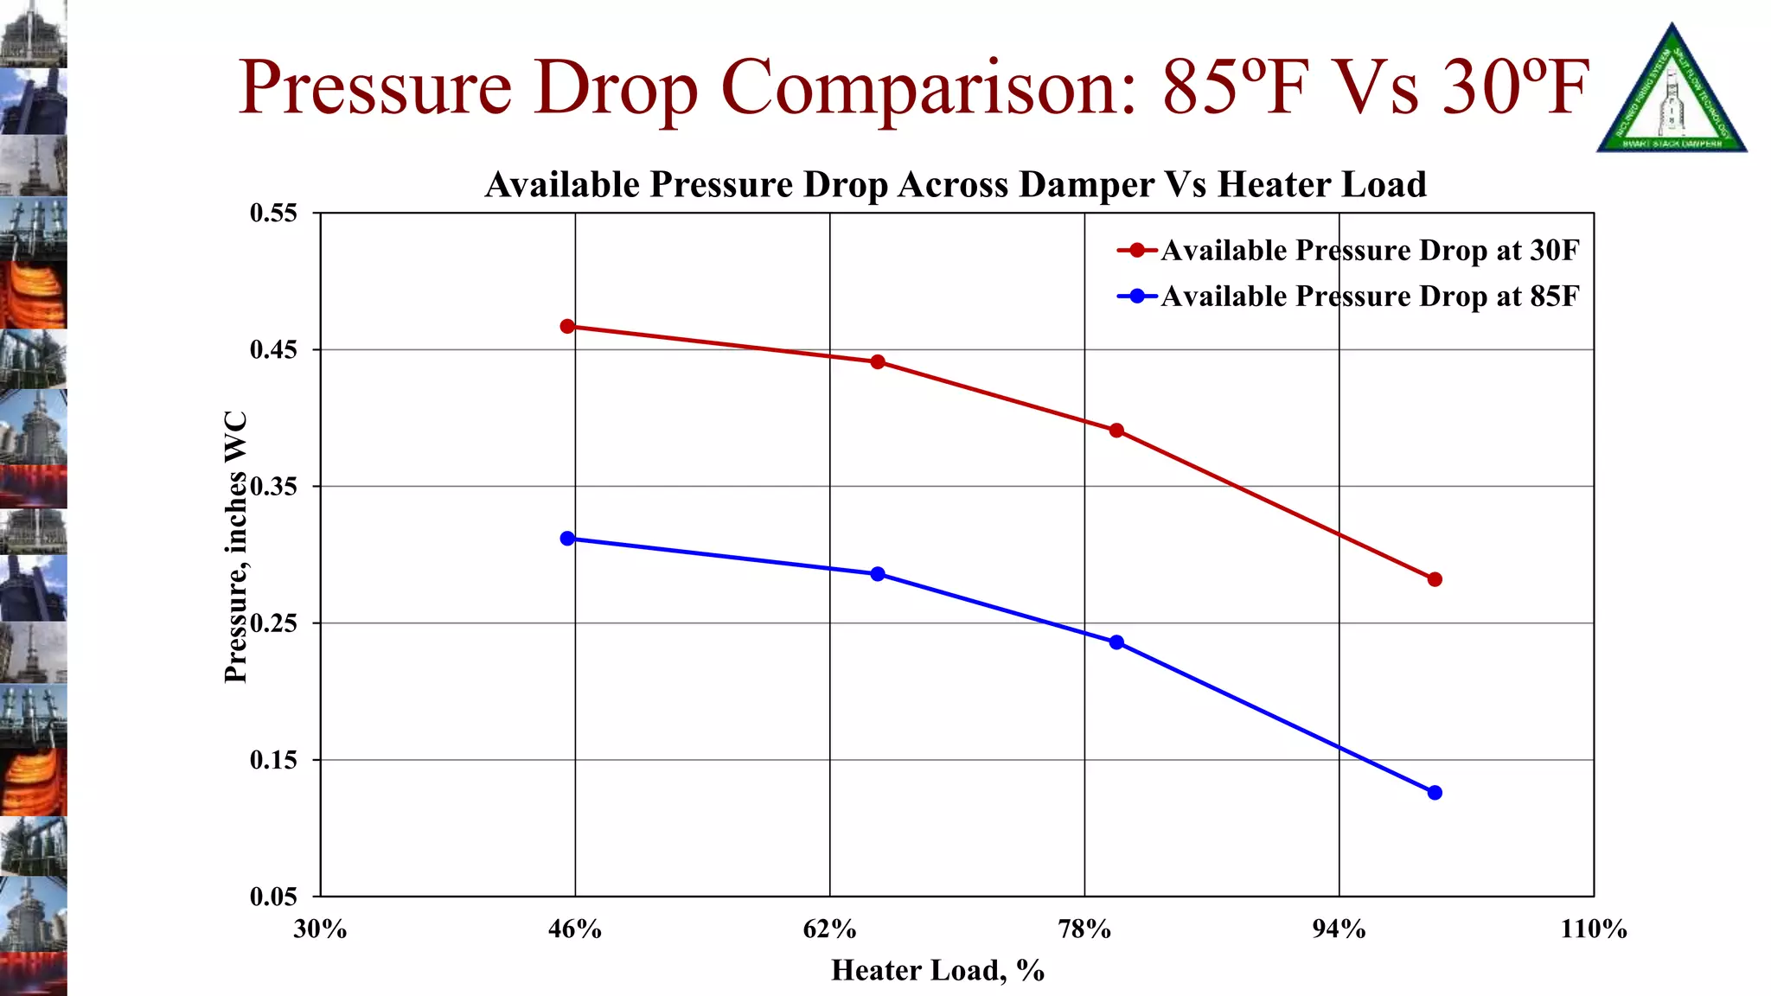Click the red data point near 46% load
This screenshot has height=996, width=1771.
[567, 327]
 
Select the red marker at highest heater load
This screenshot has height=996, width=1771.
[1435, 579]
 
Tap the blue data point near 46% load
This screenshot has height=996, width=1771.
[567, 539]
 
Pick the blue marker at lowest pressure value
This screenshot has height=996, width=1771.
[1435, 793]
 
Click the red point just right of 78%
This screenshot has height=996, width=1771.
[1116, 431]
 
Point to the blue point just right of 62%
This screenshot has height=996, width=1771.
[878, 574]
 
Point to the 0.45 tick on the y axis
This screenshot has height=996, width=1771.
[273, 350]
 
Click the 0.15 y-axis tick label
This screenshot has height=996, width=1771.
[273, 760]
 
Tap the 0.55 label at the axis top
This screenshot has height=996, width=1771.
[273, 214]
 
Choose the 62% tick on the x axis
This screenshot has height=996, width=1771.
[829, 929]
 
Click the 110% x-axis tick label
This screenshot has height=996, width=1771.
[1593, 929]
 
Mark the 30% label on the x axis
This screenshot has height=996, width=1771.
[320, 929]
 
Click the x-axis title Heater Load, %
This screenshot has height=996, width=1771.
[937, 971]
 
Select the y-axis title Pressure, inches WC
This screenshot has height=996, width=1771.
[236, 546]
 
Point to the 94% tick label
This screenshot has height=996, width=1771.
[1339, 929]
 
